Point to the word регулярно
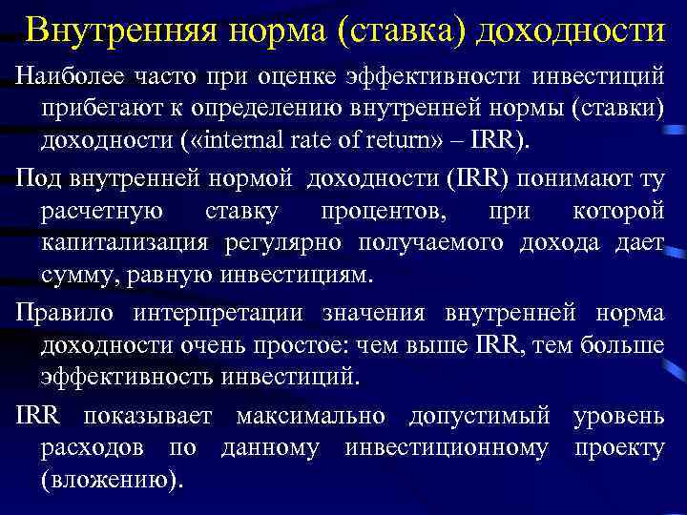click(x=287, y=242)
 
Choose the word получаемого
click(x=433, y=242)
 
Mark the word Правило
click(x=59, y=311)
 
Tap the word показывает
click(x=153, y=415)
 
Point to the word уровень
click(x=618, y=415)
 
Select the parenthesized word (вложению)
click(x=110, y=482)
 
